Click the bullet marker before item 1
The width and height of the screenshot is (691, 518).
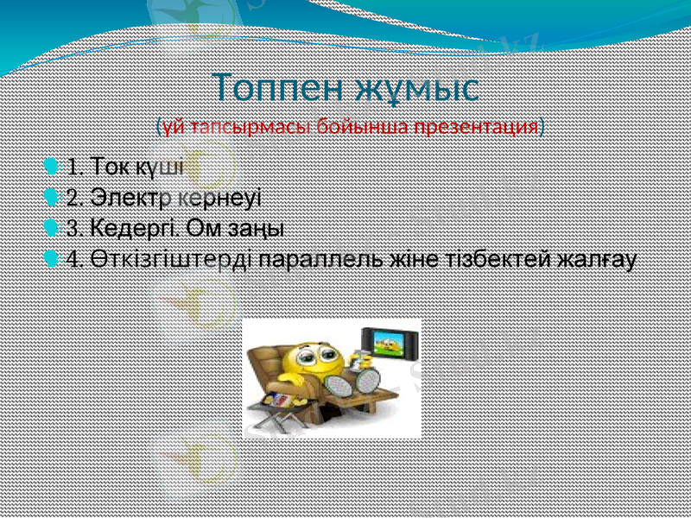pyautogui.click(x=53, y=164)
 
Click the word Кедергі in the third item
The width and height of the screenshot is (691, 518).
pyautogui.click(x=134, y=228)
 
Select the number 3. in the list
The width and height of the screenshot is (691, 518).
pyautogui.click(x=75, y=228)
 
